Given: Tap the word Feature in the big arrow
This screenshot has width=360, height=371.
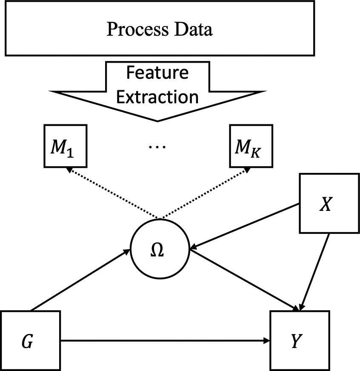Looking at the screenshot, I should pyautogui.click(x=157, y=73).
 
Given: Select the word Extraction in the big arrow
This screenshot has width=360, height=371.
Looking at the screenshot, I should pyautogui.click(x=157, y=97).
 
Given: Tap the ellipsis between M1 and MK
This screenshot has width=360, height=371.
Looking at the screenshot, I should pyautogui.click(x=158, y=147).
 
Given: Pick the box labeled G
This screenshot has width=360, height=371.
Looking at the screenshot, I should pyautogui.click(x=30, y=341).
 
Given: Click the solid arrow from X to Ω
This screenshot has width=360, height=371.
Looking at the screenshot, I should pyautogui.click(x=245, y=226).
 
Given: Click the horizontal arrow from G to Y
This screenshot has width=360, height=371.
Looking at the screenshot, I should pyautogui.click(x=166, y=340).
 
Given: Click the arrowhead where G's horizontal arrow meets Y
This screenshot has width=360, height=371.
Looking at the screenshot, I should pyautogui.click(x=267, y=340).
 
